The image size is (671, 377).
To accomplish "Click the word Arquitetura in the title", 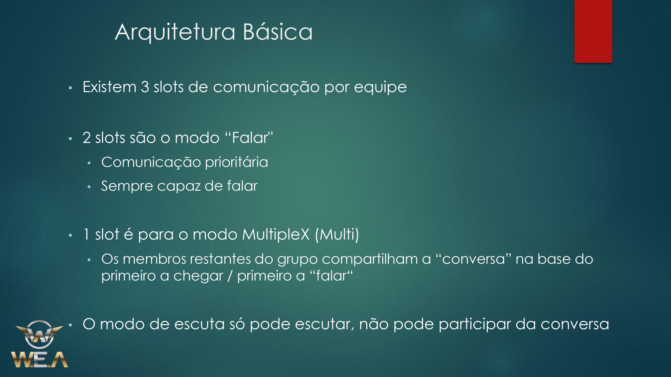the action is coord(175,32).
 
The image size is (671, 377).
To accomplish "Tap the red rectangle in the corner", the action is coord(593,31).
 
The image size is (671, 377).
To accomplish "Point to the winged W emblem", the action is coord(39,334).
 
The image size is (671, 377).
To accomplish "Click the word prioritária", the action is coord(236,163).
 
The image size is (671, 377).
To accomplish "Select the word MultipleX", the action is coord(276,235).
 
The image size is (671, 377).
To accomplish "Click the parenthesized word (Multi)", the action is coord(337,235).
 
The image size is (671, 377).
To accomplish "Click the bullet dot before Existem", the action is coord(70,88).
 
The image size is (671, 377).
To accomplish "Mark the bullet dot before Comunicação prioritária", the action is coord(89,163).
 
